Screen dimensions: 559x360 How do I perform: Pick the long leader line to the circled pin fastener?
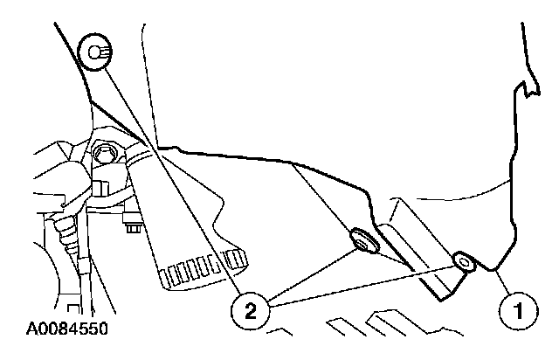point(166,175)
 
